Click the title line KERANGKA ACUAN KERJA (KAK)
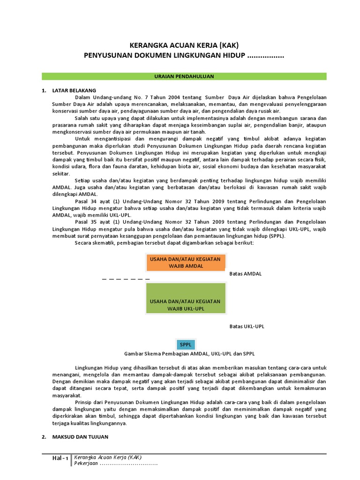point(184,45)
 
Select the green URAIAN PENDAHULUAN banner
point(184,76)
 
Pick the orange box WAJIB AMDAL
point(186,262)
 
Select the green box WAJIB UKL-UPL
point(186,305)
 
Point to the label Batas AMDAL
point(245,273)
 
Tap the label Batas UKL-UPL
point(247,326)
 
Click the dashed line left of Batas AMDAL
point(126,279)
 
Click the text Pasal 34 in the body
point(85,201)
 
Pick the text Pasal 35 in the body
point(85,222)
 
